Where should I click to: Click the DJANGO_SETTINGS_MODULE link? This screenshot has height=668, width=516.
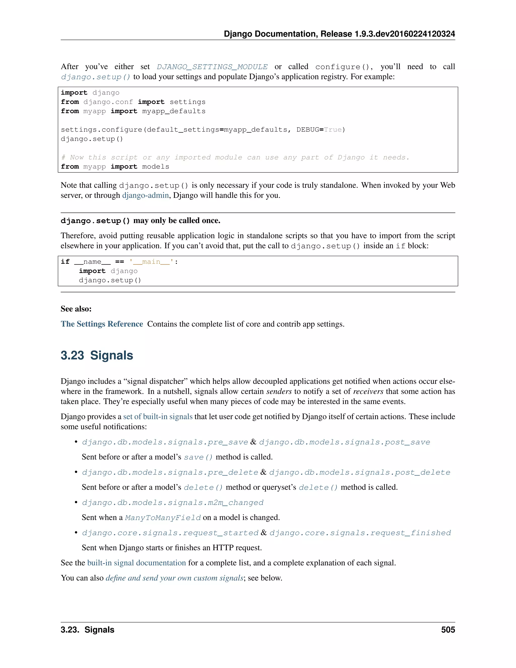click(x=212, y=67)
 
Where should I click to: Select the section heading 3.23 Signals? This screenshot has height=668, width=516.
click(x=97, y=355)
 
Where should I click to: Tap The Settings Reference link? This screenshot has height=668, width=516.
click(x=102, y=324)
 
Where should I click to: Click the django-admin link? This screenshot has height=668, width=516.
click(x=146, y=195)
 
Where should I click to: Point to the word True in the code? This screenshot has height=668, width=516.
click(x=333, y=130)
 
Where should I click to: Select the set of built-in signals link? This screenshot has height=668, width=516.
click(x=158, y=417)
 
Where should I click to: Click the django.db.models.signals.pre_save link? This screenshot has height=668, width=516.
click(x=165, y=442)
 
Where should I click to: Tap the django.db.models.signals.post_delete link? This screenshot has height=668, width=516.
click(x=360, y=473)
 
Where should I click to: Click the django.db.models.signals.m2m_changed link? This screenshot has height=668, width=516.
click(x=173, y=503)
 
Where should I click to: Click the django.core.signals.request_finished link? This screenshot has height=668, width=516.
click(x=360, y=533)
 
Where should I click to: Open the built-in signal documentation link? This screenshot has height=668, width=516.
click(x=136, y=563)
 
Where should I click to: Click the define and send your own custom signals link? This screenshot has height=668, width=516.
click(x=175, y=578)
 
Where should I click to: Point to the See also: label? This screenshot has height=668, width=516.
click(x=76, y=309)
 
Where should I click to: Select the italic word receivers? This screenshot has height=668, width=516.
click(x=368, y=391)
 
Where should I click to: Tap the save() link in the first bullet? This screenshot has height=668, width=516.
click(x=198, y=457)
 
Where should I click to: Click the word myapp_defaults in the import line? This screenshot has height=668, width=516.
click(x=174, y=111)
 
